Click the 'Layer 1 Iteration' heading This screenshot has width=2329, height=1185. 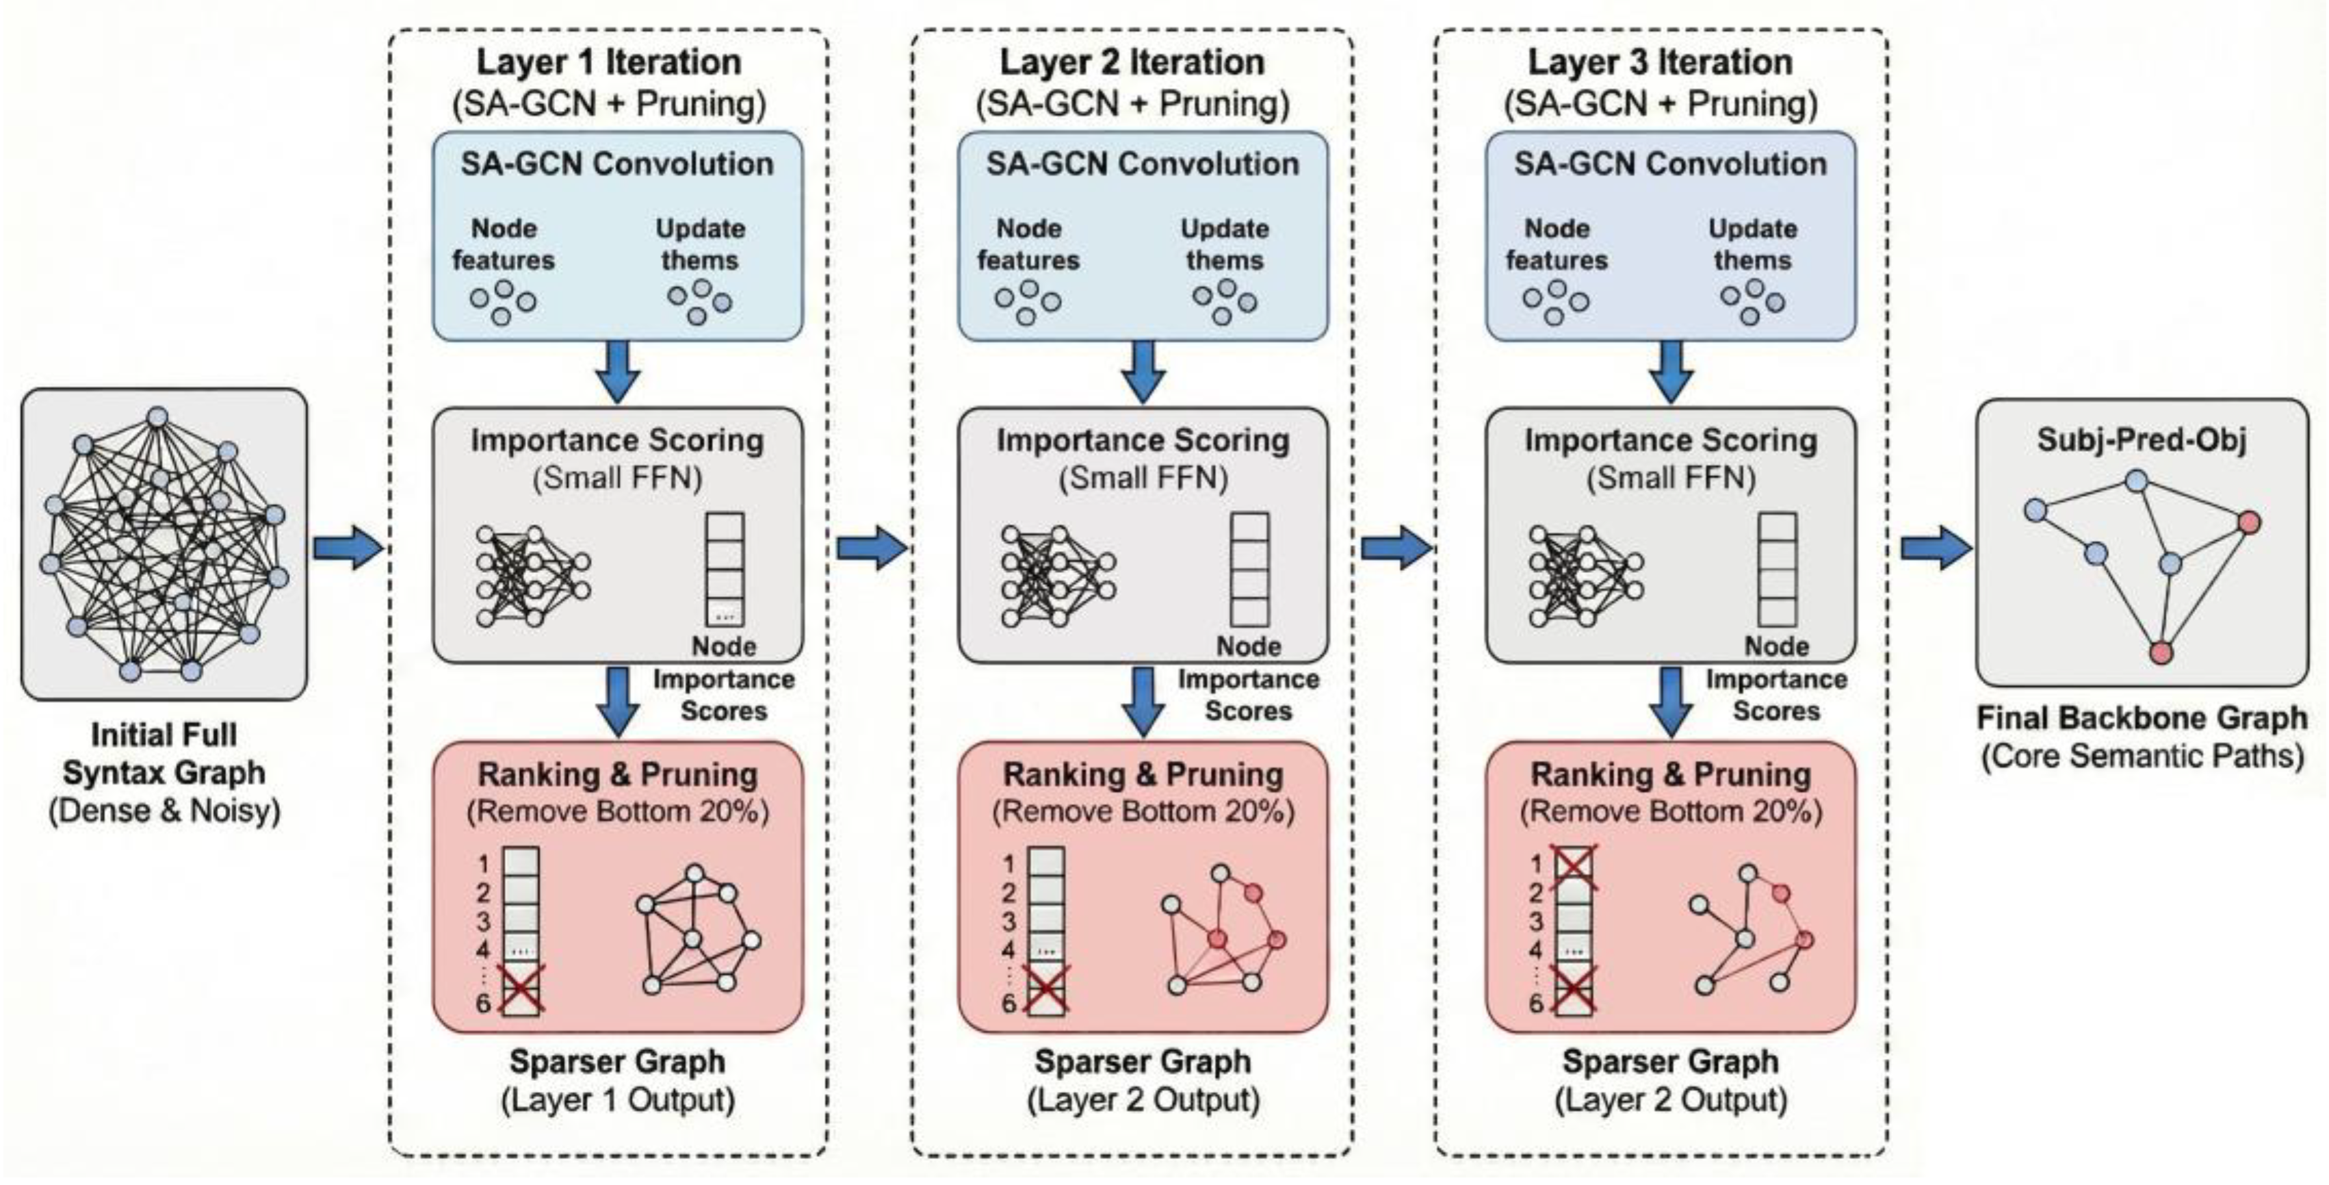(608, 62)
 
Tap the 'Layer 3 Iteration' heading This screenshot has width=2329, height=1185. (1660, 62)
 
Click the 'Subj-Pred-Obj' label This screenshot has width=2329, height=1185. (2141, 441)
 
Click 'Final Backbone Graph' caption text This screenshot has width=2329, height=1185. (2142, 718)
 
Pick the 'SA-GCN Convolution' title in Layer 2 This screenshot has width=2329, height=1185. (1142, 164)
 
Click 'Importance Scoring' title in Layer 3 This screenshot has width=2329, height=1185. (1670, 441)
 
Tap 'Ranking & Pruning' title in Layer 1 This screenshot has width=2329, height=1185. (618, 774)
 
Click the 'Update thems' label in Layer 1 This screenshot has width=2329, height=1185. (700, 244)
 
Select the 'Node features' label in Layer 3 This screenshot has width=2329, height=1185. (1556, 244)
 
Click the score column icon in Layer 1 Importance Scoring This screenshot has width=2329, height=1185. (724, 568)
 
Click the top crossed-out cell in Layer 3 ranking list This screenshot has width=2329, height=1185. (1573, 864)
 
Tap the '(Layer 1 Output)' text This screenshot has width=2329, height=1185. (618, 1100)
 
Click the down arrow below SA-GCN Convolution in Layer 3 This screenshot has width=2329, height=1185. (1670, 371)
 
